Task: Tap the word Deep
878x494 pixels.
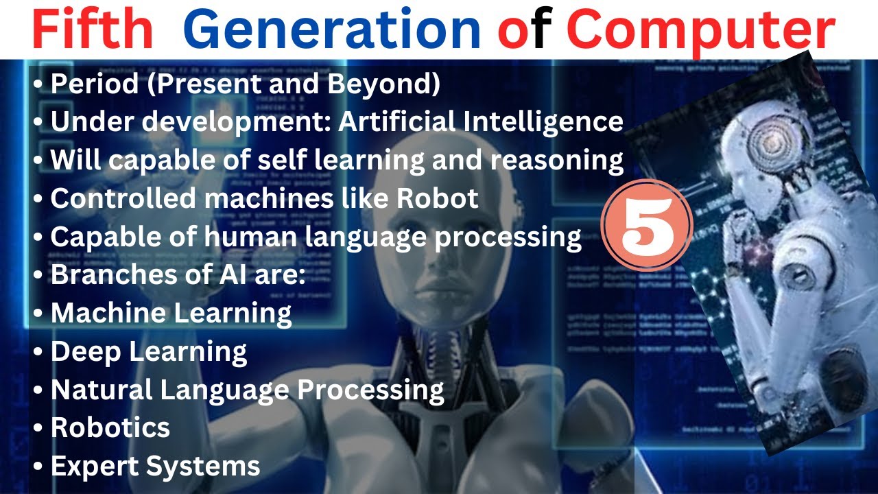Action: point(85,351)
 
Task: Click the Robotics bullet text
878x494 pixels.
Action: point(110,427)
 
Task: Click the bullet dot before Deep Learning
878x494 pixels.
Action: point(38,352)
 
